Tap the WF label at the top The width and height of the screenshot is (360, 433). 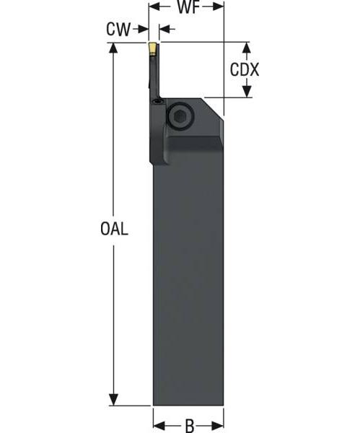[186, 8]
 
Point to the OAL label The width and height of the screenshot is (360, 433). [114, 229]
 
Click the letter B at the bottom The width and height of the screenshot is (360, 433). [189, 425]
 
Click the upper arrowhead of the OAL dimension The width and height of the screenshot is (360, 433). [113, 49]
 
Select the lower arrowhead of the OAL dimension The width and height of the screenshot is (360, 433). [113, 399]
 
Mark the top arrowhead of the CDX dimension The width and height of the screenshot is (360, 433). [246, 48]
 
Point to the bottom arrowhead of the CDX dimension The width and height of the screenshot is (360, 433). [246, 92]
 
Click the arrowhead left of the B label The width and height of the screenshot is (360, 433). [158, 425]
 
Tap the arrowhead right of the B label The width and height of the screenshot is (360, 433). [219, 425]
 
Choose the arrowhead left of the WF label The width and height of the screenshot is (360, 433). [154, 8]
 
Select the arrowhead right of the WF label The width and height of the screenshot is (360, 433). [219, 8]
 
